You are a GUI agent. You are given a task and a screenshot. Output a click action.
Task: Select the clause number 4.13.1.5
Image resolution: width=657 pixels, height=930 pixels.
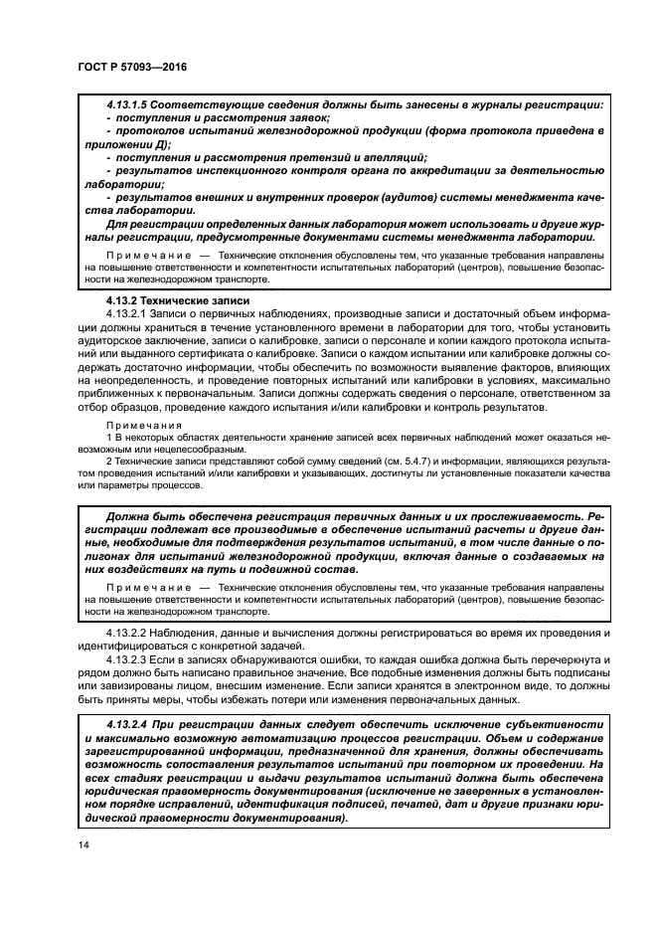point(134,104)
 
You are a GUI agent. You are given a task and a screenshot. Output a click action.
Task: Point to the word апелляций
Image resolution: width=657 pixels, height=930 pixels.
point(395,156)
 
